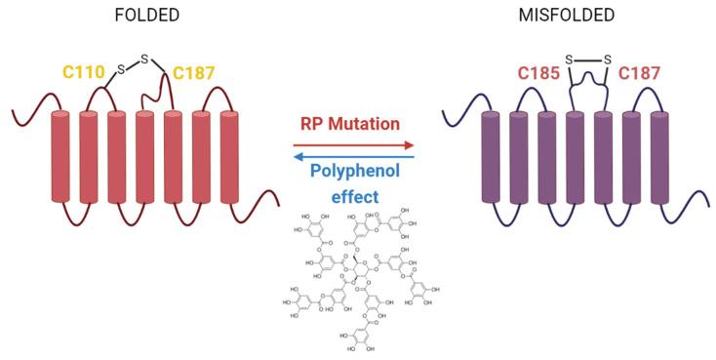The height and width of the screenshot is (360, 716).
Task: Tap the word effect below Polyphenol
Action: pos(353,196)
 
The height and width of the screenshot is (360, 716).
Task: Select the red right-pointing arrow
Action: pos(353,143)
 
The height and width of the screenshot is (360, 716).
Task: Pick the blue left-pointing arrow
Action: pos(353,154)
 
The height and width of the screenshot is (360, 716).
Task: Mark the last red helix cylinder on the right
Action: pos(229,156)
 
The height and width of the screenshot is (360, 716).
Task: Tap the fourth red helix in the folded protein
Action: pos(144,156)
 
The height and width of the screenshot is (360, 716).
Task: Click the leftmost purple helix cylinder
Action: pos(492,156)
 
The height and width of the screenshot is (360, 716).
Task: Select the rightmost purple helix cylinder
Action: pos(661,156)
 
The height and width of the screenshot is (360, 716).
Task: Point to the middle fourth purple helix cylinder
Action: pos(577,156)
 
